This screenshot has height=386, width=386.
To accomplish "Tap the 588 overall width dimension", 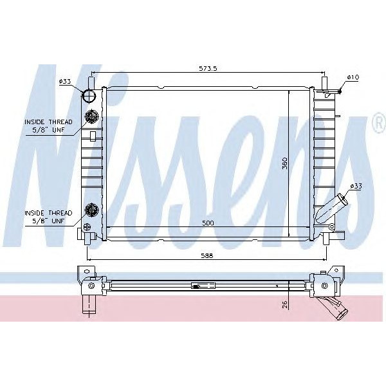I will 205,255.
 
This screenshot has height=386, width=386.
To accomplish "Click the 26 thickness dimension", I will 284,304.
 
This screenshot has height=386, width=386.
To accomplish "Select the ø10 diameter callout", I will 352,77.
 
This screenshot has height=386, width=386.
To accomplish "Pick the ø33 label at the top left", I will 65,82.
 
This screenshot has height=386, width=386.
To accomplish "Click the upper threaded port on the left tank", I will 91,118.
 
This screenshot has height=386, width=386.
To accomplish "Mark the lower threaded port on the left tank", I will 91,210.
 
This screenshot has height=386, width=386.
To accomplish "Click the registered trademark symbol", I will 378,123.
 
